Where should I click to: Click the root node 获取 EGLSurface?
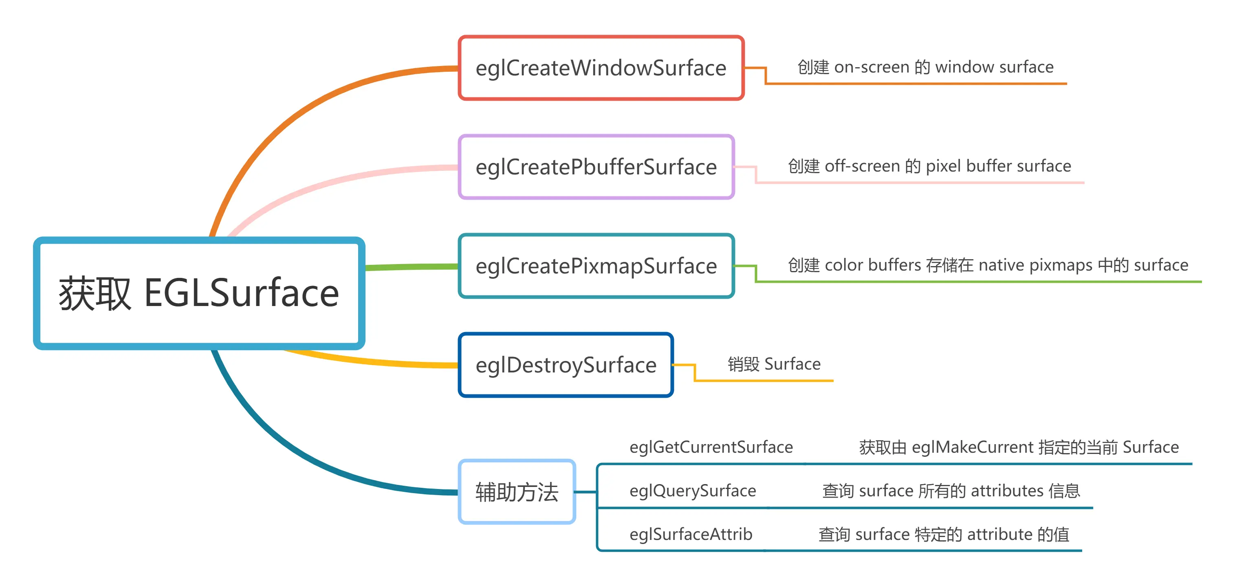[199, 293]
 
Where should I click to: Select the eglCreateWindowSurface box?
[601, 68]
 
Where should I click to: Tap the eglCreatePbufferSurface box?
[596, 167]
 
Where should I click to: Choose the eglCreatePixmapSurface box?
[596, 266]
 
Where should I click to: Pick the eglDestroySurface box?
[566, 365]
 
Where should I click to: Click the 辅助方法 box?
[517, 491]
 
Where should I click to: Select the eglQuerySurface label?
[693, 491]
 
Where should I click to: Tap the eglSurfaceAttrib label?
[691, 534]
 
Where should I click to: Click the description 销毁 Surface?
[774, 364]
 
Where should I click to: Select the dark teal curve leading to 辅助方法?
[307, 461]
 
